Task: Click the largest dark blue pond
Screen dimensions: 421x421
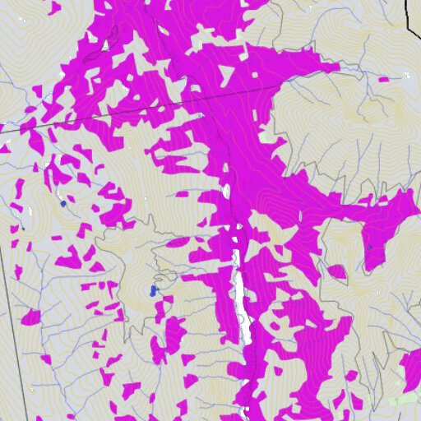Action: [152, 291]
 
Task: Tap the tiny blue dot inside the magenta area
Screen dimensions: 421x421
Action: [369, 247]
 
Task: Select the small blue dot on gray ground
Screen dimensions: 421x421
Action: [63, 202]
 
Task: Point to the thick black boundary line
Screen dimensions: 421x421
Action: [409, 12]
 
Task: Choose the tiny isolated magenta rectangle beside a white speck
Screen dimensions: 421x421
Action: [384, 79]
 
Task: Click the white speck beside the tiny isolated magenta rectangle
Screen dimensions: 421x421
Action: [408, 75]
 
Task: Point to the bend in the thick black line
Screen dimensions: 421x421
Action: [408, 18]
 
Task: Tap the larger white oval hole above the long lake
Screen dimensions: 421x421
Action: [226, 192]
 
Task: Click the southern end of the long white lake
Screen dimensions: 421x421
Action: [246, 341]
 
